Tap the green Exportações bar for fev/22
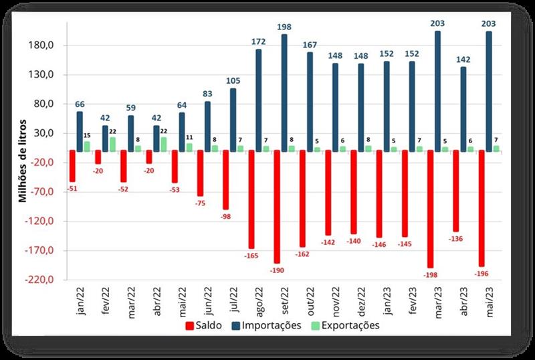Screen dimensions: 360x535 pos(112,144)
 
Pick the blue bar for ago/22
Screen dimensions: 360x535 pos(258,100)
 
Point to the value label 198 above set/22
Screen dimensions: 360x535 pos(284,27)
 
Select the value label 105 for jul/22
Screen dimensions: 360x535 pos(233,82)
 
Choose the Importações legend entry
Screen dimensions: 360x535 pos(263,326)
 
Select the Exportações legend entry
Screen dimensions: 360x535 pos(340,326)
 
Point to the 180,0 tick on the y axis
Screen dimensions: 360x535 pos(49,46)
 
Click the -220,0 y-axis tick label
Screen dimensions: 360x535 pos(47,280)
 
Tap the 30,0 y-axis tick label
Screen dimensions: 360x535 pos(51,133)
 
